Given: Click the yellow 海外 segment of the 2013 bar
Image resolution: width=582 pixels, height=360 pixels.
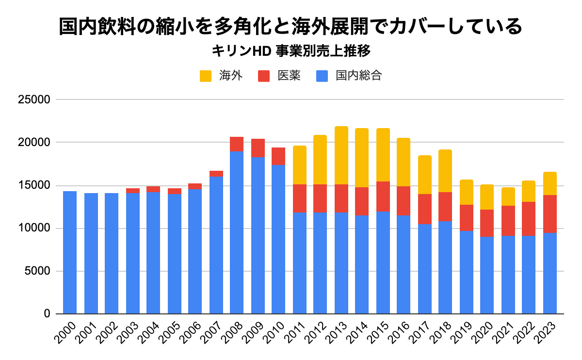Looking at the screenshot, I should [341, 155].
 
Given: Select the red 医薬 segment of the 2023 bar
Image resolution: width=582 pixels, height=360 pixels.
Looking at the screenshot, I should [550, 214].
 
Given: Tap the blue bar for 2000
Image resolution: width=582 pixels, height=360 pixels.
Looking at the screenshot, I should [70, 252].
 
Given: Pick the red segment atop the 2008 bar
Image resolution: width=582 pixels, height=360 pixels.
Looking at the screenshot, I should [237, 144].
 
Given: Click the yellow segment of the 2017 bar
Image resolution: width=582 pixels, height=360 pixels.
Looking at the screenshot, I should [425, 175].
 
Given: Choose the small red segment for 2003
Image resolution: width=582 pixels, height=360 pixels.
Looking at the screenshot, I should [133, 191].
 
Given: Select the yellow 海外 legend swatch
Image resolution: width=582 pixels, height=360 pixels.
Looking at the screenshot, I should [206, 76].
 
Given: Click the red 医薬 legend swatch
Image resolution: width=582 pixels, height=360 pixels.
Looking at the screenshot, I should [264, 76].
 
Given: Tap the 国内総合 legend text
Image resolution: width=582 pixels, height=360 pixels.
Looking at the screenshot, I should [358, 76].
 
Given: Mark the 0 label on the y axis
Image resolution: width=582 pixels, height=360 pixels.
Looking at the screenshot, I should [47, 314].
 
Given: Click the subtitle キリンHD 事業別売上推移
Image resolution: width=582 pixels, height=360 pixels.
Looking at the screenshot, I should [291, 50].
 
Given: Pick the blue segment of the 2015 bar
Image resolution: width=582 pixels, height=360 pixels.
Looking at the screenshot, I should [383, 262].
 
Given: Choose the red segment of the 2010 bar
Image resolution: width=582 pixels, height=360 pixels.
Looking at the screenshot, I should [278, 156].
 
